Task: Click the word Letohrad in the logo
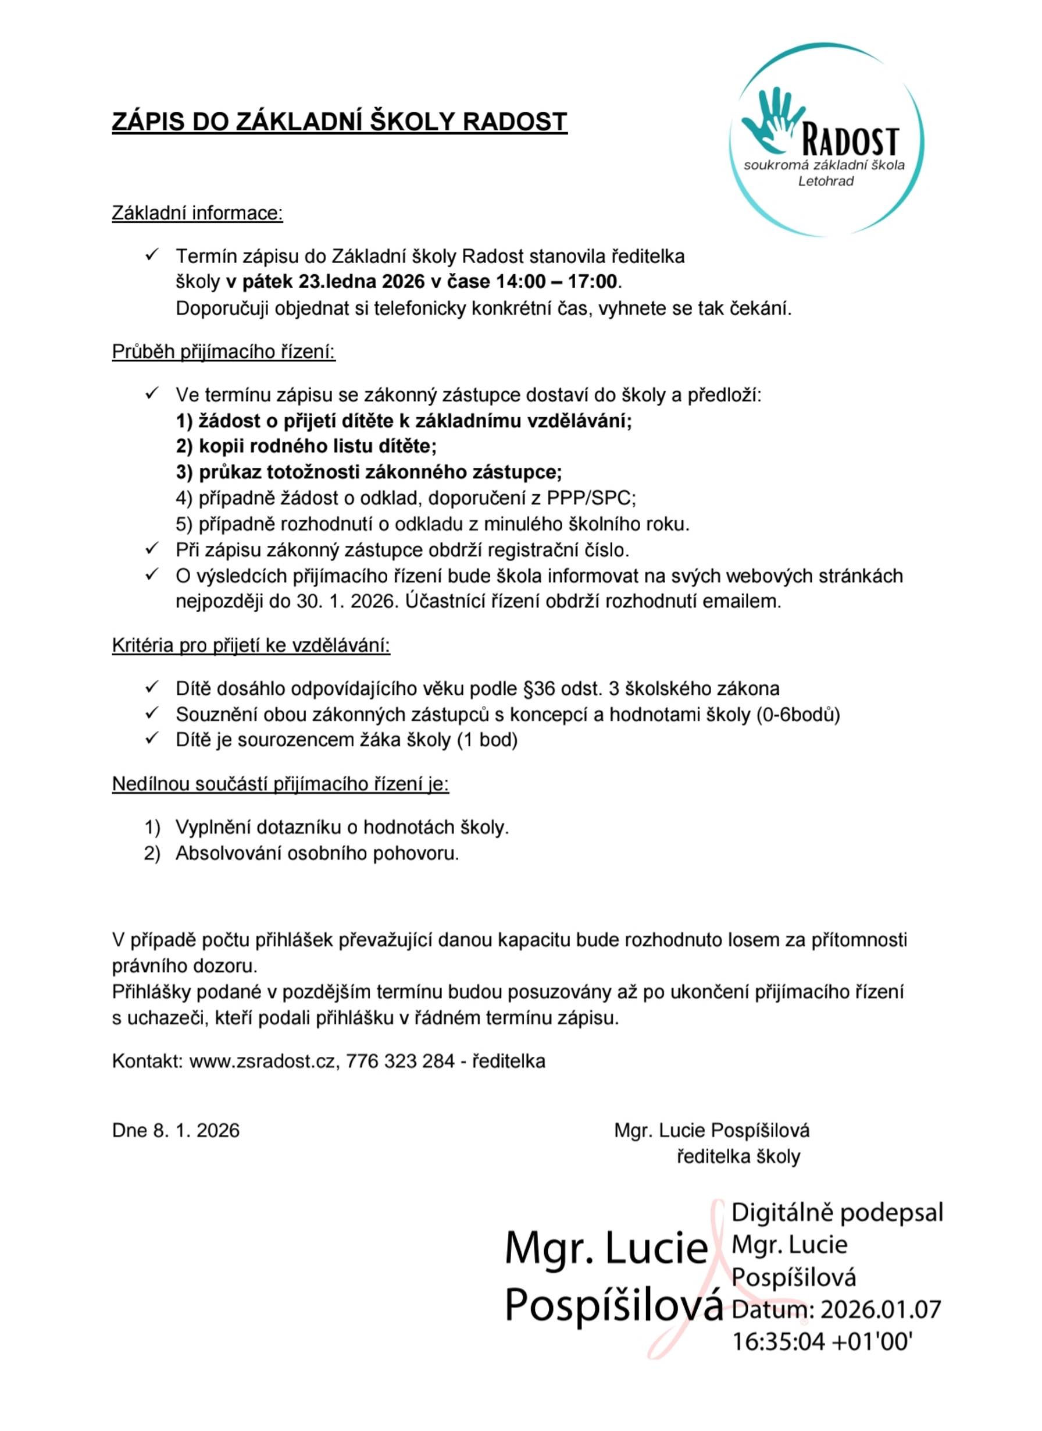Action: (x=826, y=181)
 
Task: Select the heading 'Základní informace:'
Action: (x=198, y=214)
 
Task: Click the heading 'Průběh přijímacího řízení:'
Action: (x=224, y=351)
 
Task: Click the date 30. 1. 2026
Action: (x=347, y=601)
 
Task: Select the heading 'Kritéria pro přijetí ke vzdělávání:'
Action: (x=251, y=646)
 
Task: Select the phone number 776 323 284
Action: (x=401, y=1061)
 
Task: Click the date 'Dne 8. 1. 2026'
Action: (x=176, y=1130)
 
